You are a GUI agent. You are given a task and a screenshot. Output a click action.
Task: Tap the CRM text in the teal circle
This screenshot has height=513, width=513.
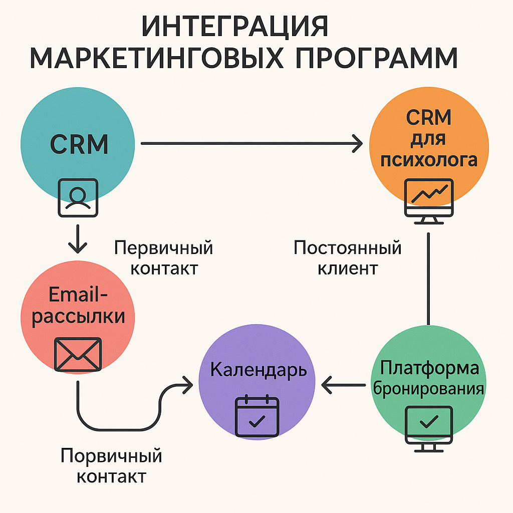(x=79, y=144)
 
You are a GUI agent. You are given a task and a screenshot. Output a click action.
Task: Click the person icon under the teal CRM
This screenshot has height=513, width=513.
(x=78, y=197)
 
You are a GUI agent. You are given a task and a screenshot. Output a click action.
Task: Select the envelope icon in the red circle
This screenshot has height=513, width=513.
(x=78, y=354)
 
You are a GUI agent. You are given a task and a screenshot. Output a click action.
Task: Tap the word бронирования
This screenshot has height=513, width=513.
(x=429, y=389)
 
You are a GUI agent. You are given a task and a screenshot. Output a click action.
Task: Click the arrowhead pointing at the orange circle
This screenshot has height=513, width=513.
(x=357, y=144)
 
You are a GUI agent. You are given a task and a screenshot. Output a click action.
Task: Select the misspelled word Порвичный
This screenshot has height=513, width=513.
(x=111, y=456)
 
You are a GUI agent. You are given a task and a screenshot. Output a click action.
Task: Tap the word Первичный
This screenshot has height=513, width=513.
(x=164, y=248)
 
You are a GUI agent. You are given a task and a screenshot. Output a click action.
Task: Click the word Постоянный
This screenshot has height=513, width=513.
(x=348, y=248)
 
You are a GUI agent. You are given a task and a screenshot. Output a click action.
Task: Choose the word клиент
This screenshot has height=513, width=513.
(x=348, y=268)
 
